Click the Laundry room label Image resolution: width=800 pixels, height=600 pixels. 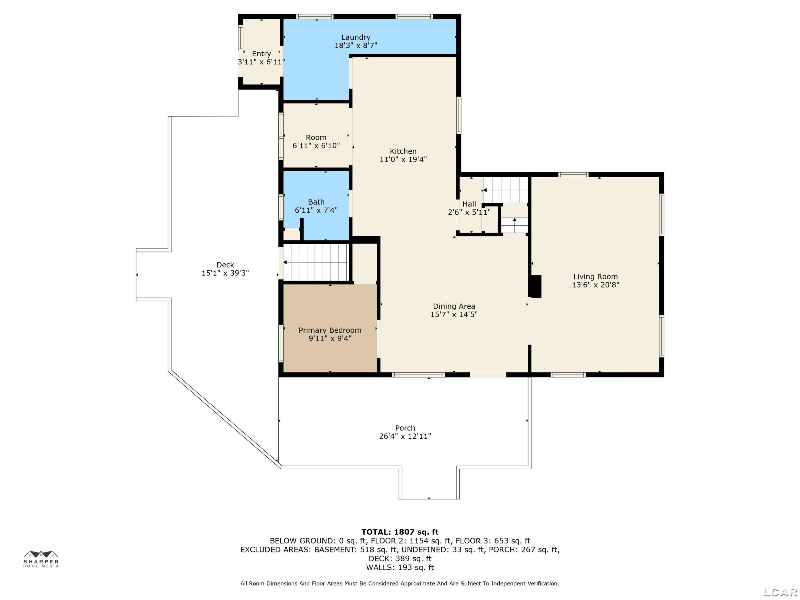[356, 37]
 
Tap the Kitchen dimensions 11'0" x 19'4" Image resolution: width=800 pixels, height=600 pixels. [403, 159]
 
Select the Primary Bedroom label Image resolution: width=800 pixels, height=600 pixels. [330, 330]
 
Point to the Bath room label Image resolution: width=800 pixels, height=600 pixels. [316, 202]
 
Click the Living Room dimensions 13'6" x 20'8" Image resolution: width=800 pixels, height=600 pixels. [595, 285]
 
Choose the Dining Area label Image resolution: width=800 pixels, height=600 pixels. [454, 306]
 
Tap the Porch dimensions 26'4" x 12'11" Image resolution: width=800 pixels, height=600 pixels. [405, 436]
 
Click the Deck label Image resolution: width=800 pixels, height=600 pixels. [225, 265]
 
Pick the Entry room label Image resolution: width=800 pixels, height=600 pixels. [262, 54]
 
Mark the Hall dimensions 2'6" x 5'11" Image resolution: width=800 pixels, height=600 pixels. [469, 212]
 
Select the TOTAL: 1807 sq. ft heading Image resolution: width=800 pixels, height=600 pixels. [400, 532]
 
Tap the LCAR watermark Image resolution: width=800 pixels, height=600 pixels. [780, 592]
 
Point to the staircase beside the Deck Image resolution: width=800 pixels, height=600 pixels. [315, 262]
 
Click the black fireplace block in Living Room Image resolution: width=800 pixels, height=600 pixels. [536, 286]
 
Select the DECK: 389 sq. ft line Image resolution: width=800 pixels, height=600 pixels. [400, 559]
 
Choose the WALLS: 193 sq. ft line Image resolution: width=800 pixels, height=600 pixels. [400, 567]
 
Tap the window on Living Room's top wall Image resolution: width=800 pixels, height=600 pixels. [573, 175]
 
